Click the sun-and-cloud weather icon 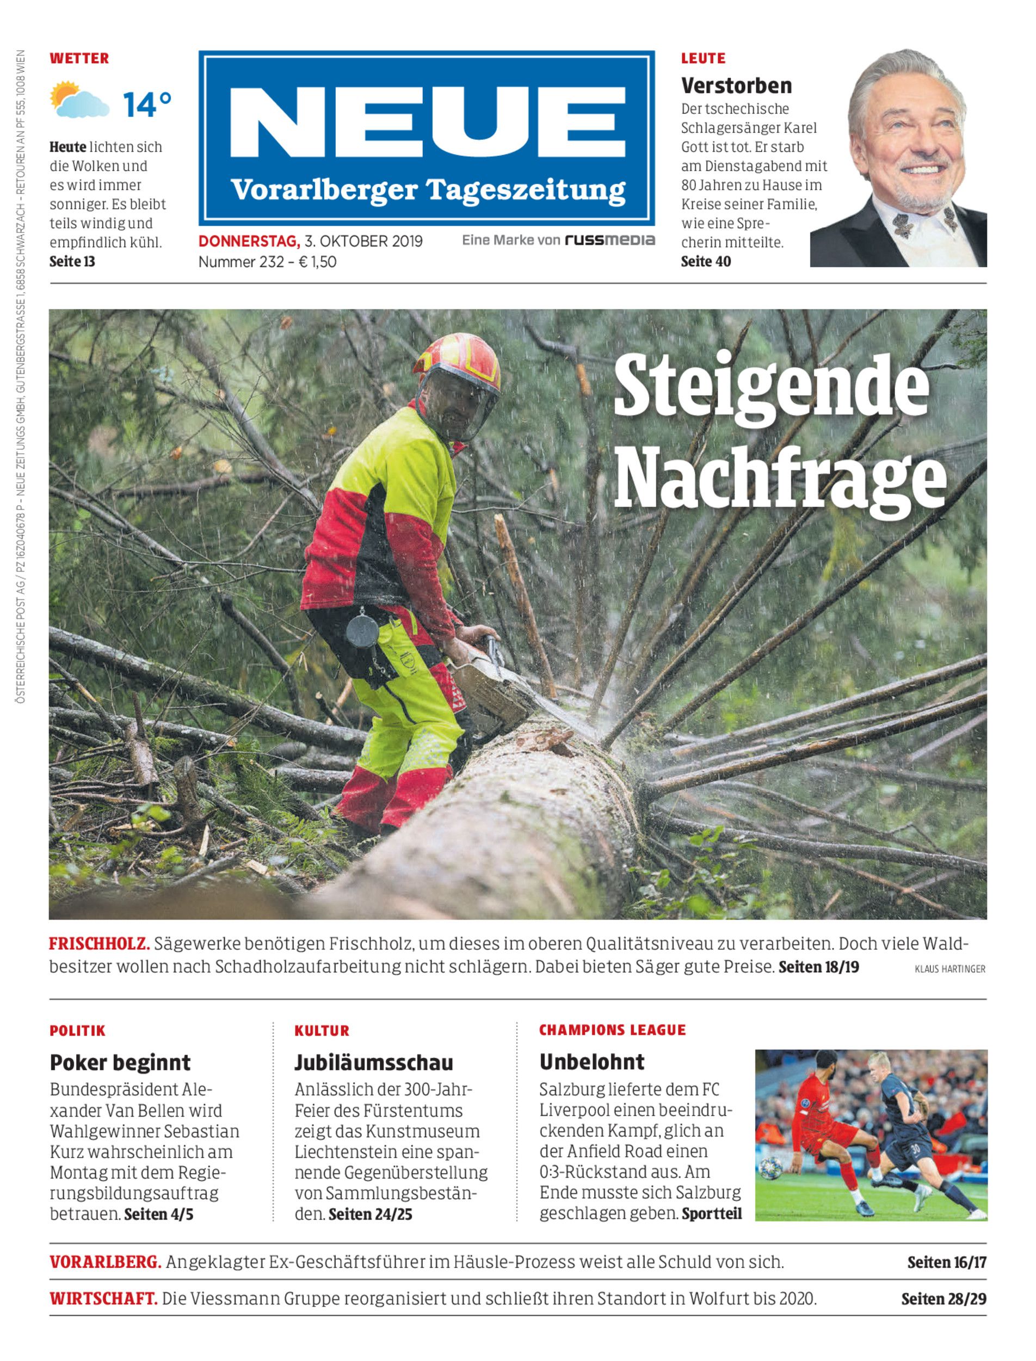point(79,100)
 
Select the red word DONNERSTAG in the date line point(249,241)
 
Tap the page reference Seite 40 point(706,262)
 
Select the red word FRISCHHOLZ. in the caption point(99,944)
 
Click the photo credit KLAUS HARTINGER point(949,969)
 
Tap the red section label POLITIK point(78,1031)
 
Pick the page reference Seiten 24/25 point(370,1214)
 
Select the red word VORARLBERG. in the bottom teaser point(106,1262)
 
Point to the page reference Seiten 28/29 point(943,1299)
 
